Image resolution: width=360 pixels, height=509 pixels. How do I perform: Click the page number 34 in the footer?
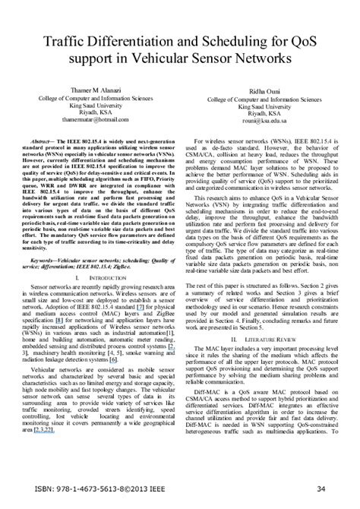(x=322, y=488)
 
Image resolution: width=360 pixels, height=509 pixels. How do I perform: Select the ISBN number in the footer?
(x=93, y=488)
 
